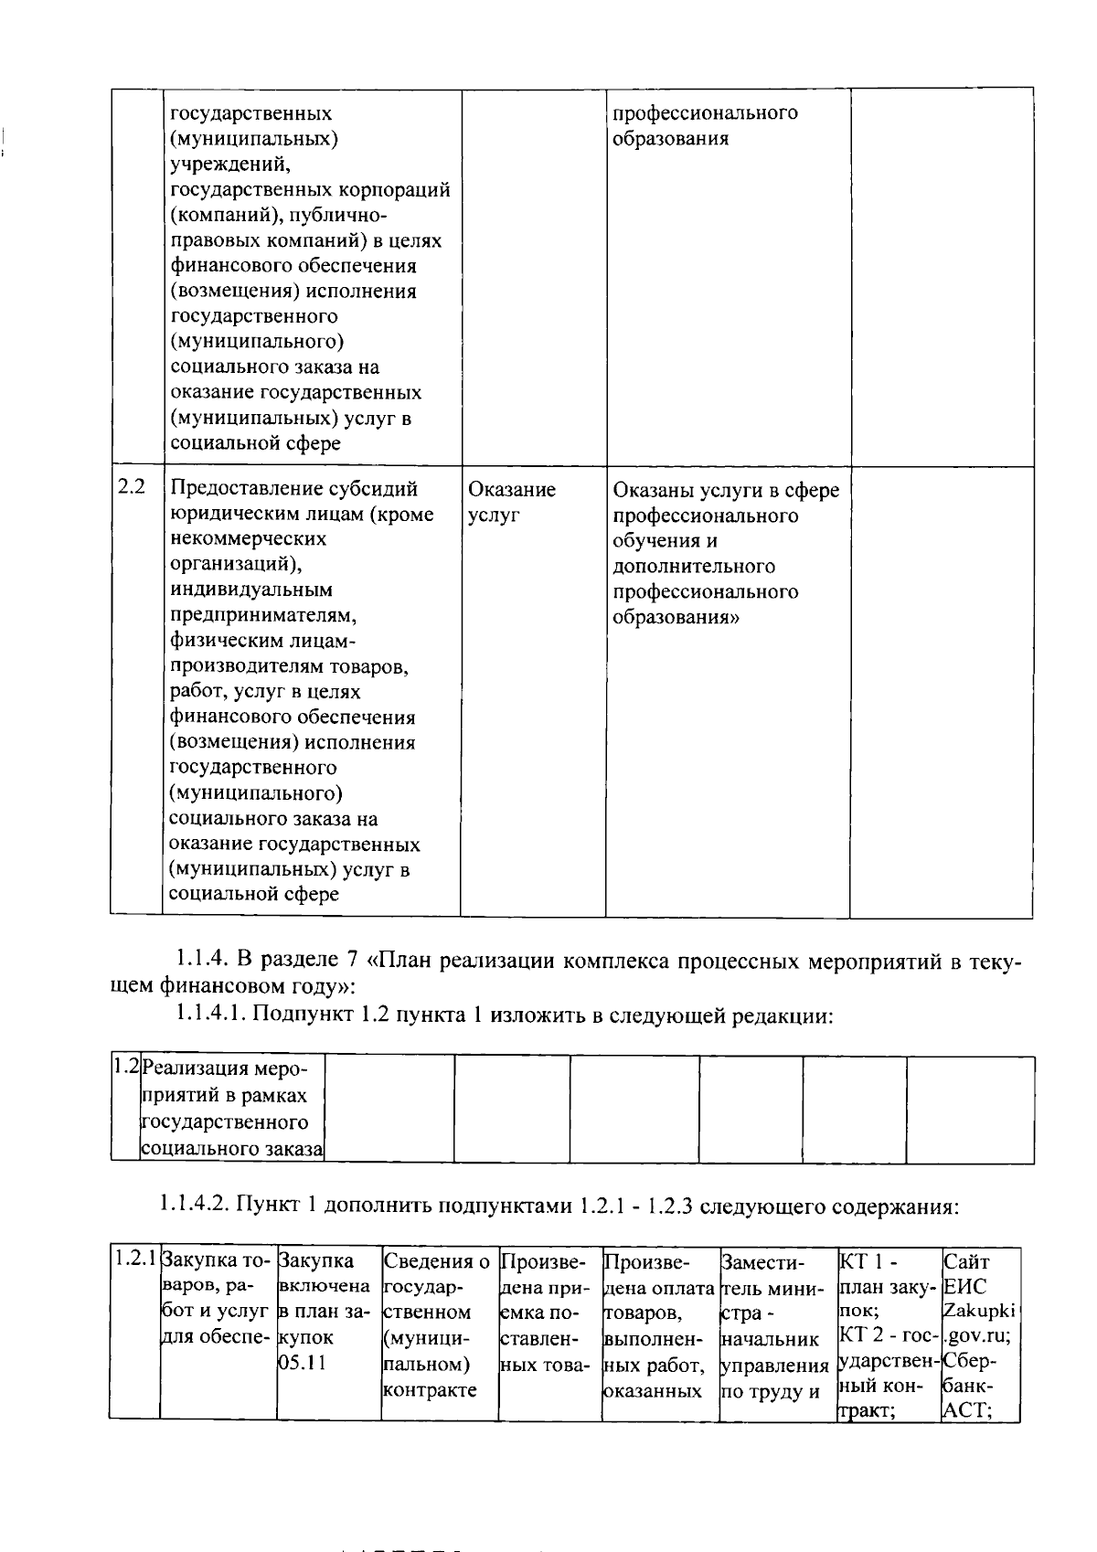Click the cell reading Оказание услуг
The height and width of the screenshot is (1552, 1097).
[511, 502]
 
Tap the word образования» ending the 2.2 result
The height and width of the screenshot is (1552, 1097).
[676, 617]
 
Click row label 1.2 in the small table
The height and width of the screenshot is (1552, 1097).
[125, 1067]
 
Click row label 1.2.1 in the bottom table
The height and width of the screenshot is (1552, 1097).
[134, 1260]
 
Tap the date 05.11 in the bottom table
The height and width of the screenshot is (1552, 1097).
[301, 1364]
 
